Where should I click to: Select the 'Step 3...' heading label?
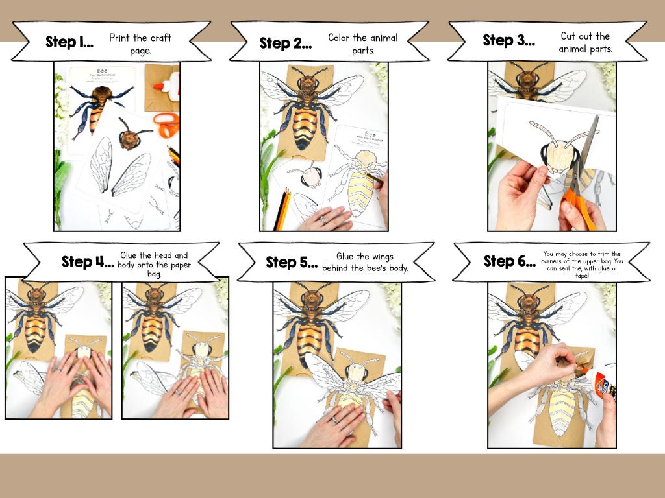click(508, 40)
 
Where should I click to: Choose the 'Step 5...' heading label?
click(292, 263)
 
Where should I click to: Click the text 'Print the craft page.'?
click(140, 43)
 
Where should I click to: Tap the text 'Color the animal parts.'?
click(362, 43)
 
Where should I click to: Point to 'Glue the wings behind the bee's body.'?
click(365, 263)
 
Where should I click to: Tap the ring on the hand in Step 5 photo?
click(335, 420)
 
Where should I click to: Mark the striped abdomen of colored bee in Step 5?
click(310, 337)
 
